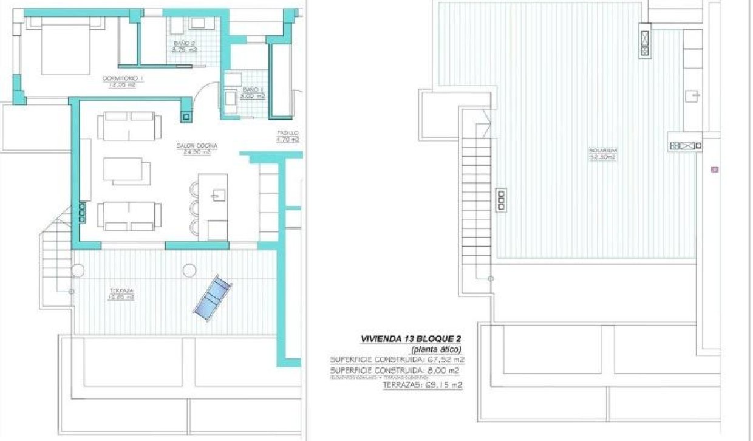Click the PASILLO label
tap(288, 132)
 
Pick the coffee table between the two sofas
tap(126, 170)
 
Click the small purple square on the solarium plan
tap(715, 169)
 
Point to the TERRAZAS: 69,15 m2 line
tap(422, 385)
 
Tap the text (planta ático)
tap(436, 349)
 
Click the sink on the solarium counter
tap(693, 95)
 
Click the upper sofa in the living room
tap(129, 124)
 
